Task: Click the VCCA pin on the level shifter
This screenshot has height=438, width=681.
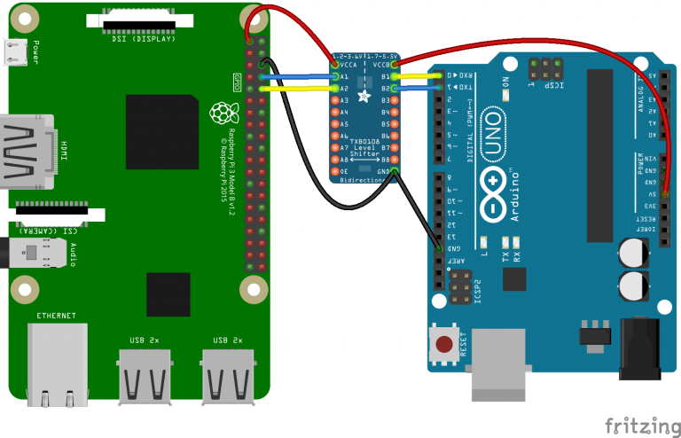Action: click(333, 65)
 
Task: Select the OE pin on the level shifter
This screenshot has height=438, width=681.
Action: click(333, 171)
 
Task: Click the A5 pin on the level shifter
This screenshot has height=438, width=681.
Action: click(333, 124)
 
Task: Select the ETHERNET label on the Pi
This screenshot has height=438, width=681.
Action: click(56, 316)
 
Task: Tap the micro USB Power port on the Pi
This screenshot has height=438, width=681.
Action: click(15, 55)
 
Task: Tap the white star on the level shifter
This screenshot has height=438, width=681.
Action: click(364, 95)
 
